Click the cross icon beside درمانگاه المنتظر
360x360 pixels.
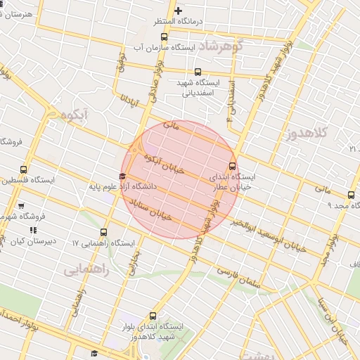179,11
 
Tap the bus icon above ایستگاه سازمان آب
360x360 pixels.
164,37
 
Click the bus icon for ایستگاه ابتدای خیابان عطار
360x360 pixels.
233,167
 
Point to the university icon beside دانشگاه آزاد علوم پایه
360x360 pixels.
122,176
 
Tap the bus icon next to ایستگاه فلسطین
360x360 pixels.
24,169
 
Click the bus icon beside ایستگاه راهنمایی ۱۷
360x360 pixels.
104,232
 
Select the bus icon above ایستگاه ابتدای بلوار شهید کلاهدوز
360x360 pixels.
154,316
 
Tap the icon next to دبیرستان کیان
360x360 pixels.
33,230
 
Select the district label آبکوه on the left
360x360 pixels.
72,114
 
